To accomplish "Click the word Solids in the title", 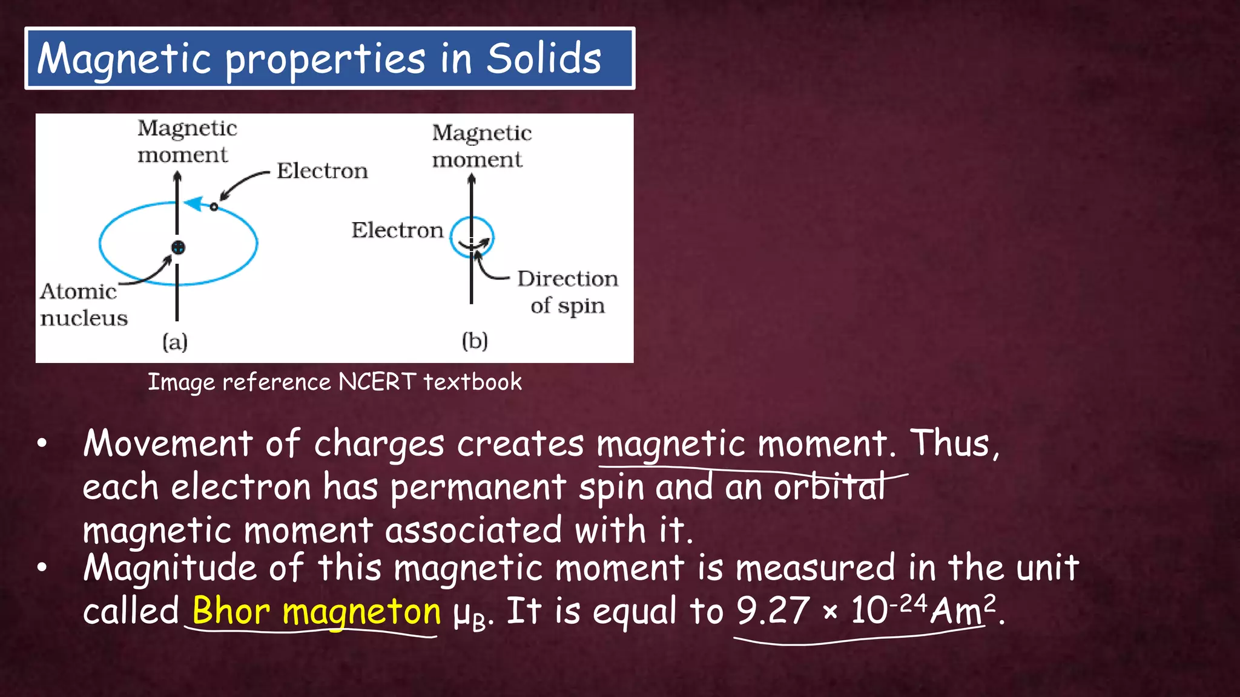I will (543, 59).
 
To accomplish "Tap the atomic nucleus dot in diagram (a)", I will (178, 247).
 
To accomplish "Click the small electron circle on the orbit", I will (214, 207).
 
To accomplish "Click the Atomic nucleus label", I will (84, 304).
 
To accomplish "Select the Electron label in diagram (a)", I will (322, 171).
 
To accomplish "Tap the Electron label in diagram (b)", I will (397, 231).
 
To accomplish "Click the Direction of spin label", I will (567, 292).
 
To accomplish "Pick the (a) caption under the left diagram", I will (175, 342).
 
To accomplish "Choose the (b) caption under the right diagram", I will (475, 341).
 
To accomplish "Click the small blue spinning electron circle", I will (472, 237).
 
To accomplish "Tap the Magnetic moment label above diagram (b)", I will (481, 146).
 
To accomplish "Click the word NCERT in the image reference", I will (377, 382).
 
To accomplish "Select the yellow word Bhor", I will (231, 611).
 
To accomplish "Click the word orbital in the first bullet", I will (829, 487).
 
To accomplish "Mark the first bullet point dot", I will (42, 444).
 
